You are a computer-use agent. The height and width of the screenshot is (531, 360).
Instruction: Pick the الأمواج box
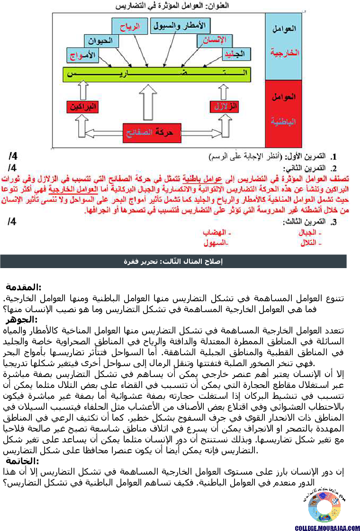81,55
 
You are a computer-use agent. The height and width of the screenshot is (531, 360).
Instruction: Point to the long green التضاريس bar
157,74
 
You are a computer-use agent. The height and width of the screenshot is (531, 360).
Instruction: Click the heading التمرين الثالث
307,222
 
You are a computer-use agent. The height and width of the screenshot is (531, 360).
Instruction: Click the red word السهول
216,243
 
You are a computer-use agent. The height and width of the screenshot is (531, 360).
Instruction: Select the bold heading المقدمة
24,288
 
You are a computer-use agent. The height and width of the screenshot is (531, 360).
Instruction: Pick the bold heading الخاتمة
22,461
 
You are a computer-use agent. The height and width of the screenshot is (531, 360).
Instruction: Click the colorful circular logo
324,506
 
